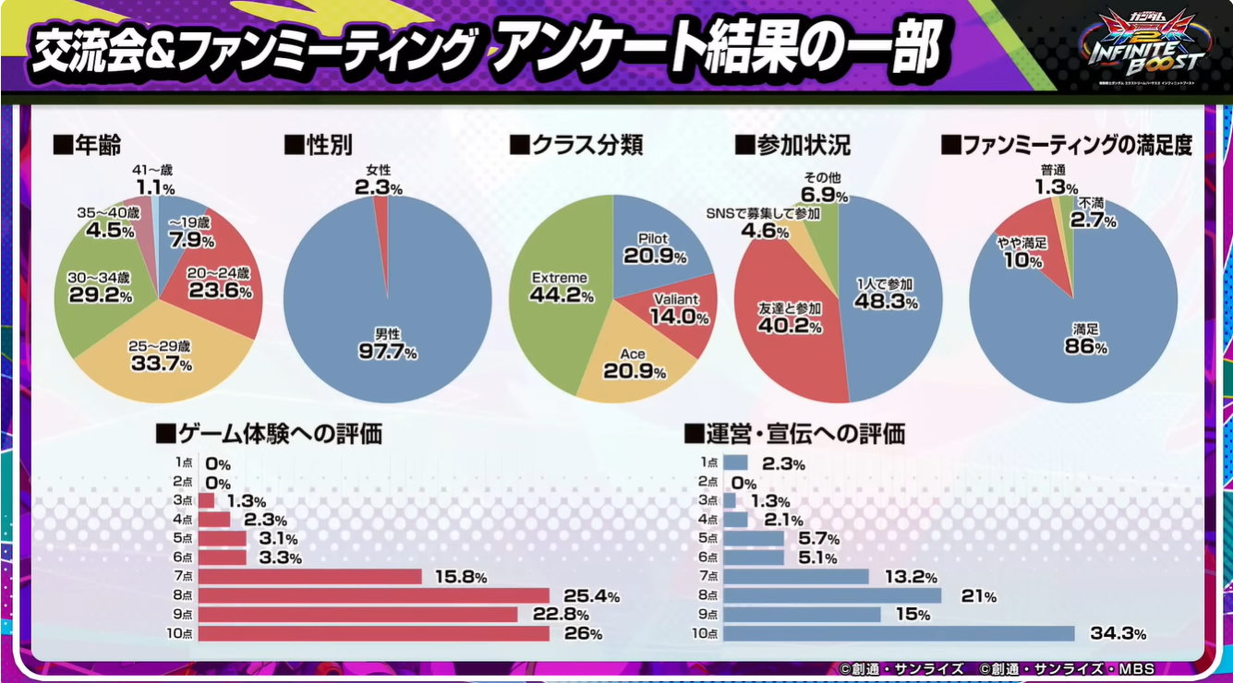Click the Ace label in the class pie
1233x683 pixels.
[634, 354]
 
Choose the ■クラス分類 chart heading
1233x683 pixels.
[575, 145]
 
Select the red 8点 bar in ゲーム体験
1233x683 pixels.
[374, 595]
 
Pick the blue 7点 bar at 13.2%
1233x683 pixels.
[795, 577]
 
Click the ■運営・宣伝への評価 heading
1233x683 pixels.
[793, 433]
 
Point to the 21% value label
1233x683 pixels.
[973, 596]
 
